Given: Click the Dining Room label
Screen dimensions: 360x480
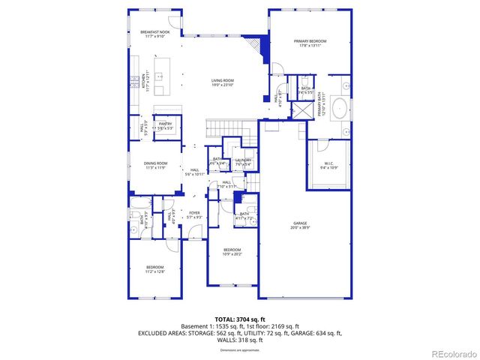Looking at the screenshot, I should point(155,165).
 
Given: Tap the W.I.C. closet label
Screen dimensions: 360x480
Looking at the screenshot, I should point(329,165).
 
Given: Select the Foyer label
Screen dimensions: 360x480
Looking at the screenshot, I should point(194,214).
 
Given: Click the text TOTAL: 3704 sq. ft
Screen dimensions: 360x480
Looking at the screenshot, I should point(239,319).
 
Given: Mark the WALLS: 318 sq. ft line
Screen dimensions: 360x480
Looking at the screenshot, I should point(239,340).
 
